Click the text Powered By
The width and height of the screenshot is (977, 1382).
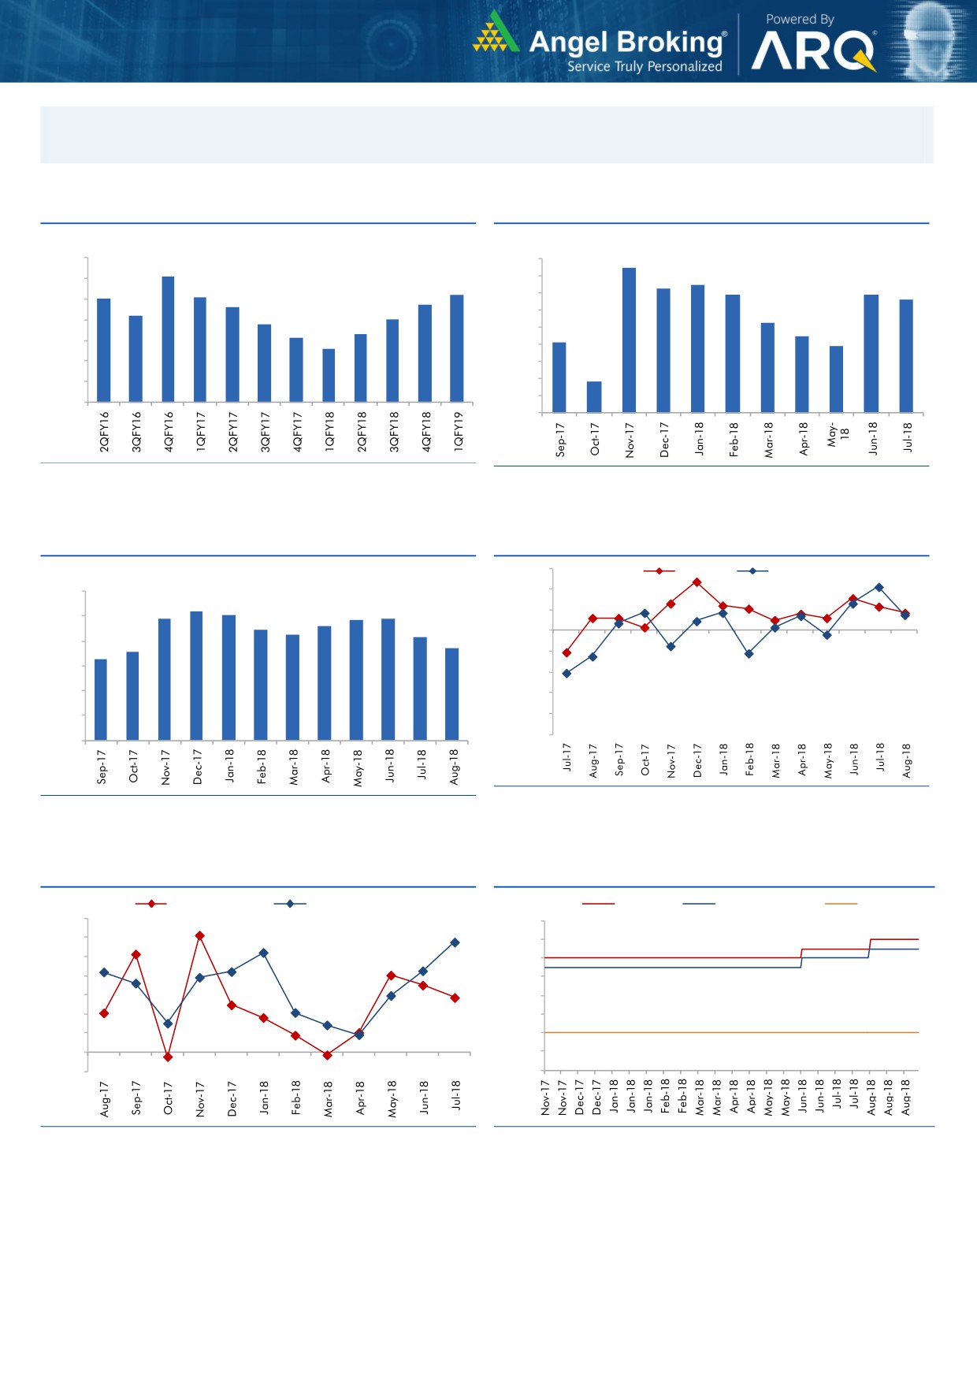[x=800, y=19]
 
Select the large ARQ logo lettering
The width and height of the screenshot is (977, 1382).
[x=813, y=52]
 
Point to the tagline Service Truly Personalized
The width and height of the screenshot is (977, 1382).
[x=645, y=67]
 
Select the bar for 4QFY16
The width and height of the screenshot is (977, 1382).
[x=168, y=339]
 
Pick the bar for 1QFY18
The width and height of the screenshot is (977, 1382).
[x=329, y=375]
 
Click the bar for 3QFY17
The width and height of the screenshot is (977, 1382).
[x=264, y=363]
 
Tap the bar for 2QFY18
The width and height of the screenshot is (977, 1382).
[x=361, y=368]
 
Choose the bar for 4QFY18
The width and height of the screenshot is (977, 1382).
[x=425, y=353]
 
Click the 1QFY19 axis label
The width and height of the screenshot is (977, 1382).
[x=459, y=430]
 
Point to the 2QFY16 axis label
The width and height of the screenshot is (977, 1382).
[x=104, y=431]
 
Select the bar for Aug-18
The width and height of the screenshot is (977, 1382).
[x=452, y=694]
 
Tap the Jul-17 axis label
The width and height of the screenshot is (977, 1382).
[x=567, y=756]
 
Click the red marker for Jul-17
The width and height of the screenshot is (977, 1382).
[x=567, y=652]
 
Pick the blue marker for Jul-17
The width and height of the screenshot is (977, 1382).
[x=567, y=674]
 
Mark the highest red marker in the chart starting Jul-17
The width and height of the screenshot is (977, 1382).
[x=697, y=582]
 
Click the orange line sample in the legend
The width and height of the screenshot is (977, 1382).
[x=841, y=904]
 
